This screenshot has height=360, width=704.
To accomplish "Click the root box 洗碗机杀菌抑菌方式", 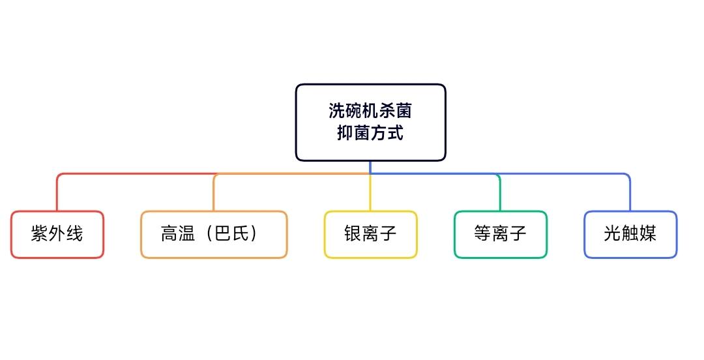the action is (370, 122).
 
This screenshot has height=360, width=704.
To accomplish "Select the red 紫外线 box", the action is (57, 235).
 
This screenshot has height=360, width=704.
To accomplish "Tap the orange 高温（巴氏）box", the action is (214, 235).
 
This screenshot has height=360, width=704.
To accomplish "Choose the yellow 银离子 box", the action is (370, 235).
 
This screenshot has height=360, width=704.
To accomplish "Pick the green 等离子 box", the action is (500, 235).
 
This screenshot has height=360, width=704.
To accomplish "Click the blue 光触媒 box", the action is (630, 235).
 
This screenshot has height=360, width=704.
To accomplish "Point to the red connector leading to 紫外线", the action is (135, 174).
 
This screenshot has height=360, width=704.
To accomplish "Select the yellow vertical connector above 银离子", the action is (370, 192).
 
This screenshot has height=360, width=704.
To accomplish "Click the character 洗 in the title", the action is (336, 111).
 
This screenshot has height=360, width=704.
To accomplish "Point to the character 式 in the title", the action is (396, 132).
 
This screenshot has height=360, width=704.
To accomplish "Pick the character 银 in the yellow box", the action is (353, 233).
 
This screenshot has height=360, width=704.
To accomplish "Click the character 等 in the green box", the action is (482, 233).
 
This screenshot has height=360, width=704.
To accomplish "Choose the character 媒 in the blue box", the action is (648, 233).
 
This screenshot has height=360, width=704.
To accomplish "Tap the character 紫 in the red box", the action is (40, 233).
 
